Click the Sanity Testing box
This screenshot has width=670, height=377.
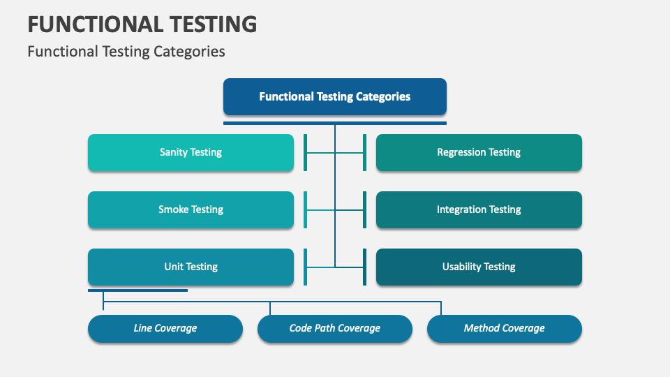[x=191, y=152]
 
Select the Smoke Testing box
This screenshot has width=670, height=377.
[x=191, y=209]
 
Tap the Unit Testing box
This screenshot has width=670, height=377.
[x=191, y=267]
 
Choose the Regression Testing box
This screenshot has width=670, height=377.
[x=479, y=152]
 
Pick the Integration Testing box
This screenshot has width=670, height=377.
[x=479, y=209]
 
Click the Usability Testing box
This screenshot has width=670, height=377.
[x=479, y=267]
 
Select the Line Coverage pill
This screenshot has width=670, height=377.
[x=165, y=328]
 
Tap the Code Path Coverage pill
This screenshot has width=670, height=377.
[x=335, y=328]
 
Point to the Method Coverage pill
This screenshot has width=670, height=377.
[x=504, y=328]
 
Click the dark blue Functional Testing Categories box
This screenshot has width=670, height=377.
[x=335, y=96]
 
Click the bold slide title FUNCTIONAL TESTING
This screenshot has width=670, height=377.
[x=142, y=24]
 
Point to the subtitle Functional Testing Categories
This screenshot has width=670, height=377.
[x=126, y=52]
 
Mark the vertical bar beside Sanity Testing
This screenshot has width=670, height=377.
[x=305, y=152]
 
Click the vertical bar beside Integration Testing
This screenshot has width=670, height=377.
[x=364, y=209]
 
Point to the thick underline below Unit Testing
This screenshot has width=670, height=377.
[x=137, y=290]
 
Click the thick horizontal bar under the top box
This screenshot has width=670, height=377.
[x=335, y=123]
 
